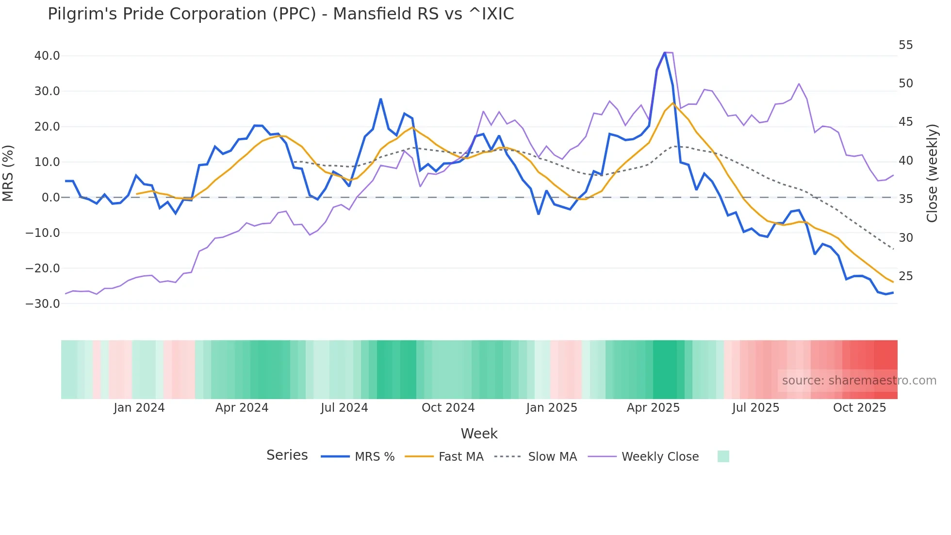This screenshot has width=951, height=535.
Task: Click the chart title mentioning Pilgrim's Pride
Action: (x=280, y=14)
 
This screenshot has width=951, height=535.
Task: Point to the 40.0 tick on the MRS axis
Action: (x=47, y=56)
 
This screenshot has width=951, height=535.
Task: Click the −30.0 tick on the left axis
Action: (x=43, y=304)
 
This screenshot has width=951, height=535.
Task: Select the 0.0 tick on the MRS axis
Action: (x=50, y=198)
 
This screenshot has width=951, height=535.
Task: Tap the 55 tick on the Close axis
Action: (x=905, y=45)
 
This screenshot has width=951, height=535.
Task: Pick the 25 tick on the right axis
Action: (x=905, y=276)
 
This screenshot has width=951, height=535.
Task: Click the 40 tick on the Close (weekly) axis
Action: (x=905, y=161)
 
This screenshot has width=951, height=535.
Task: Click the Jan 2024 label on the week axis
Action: (x=139, y=408)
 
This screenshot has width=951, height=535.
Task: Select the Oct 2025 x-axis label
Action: (x=859, y=408)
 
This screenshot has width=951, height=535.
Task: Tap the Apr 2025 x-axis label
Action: (x=653, y=408)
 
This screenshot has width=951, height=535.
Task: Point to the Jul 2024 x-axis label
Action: (x=344, y=408)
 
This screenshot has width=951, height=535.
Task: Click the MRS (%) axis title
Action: (x=8, y=173)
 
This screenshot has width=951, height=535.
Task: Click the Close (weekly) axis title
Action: (x=932, y=173)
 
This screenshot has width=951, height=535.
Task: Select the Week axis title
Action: (x=479, y=434)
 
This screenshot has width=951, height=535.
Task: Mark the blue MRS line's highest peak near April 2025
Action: (x=665, y=52)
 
